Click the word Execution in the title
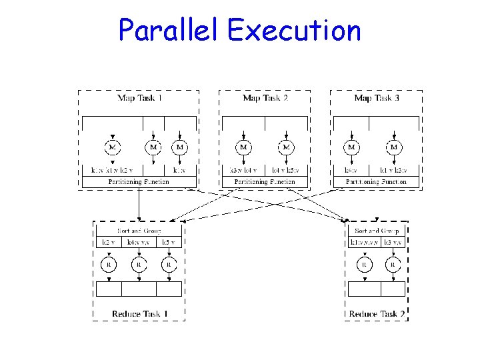tap(294, 30)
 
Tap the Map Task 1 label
tap(139, 98)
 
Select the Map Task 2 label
tap(265, 98)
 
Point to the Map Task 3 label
tap(377, 98)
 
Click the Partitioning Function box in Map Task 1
tap(139, 181)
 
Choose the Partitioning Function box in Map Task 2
tap(265, 181)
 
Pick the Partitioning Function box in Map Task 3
tap(376, 181)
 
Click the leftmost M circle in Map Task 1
tap(113, 147)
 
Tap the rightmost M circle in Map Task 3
tap(394, 147)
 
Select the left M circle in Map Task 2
tap(243, 147)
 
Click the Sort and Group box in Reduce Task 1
tap(139, 231)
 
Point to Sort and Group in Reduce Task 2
tap(377, 231)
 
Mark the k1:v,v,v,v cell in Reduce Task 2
tap(364, 242)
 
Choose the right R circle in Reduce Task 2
tap(393, 265)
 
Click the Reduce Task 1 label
tap(139, 313)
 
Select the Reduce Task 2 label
tap(377, 313)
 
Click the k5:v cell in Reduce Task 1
tap(169, 242)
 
